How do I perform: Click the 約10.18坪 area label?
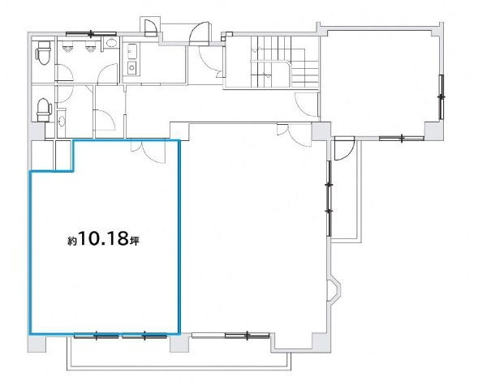click(x=110, y=240)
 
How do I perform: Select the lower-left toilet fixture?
click(x=44, y=105)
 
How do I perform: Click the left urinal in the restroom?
click(x=72, y=47)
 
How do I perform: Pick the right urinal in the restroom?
click(x=89, y=47)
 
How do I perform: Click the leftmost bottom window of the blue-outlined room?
click(x=97, y=335)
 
